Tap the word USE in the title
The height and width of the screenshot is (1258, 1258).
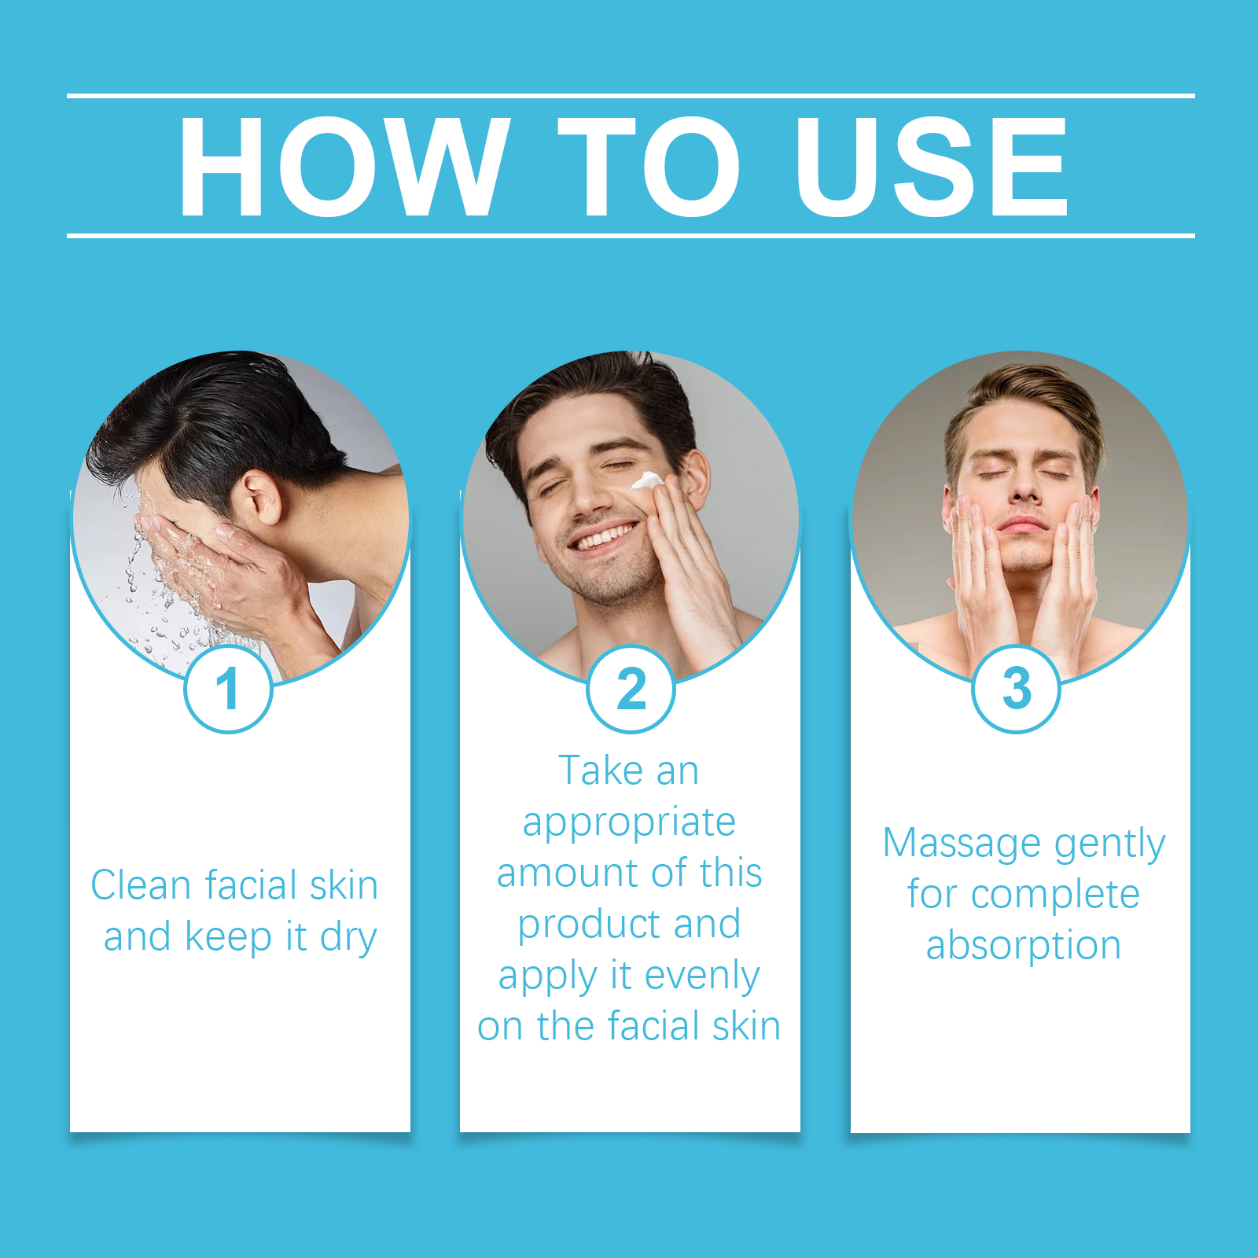click(932, 166)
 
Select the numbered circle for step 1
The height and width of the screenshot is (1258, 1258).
click(228, 690)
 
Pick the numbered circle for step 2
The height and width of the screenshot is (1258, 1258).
click(631, 690)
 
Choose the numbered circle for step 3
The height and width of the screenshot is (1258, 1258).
click(1017, 690)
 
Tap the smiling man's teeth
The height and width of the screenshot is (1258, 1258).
click(604, 539)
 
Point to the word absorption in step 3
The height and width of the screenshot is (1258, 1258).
click(1023, 947)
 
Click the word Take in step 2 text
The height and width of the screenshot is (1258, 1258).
click(600, 771)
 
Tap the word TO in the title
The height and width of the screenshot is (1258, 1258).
click(649, 166)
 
